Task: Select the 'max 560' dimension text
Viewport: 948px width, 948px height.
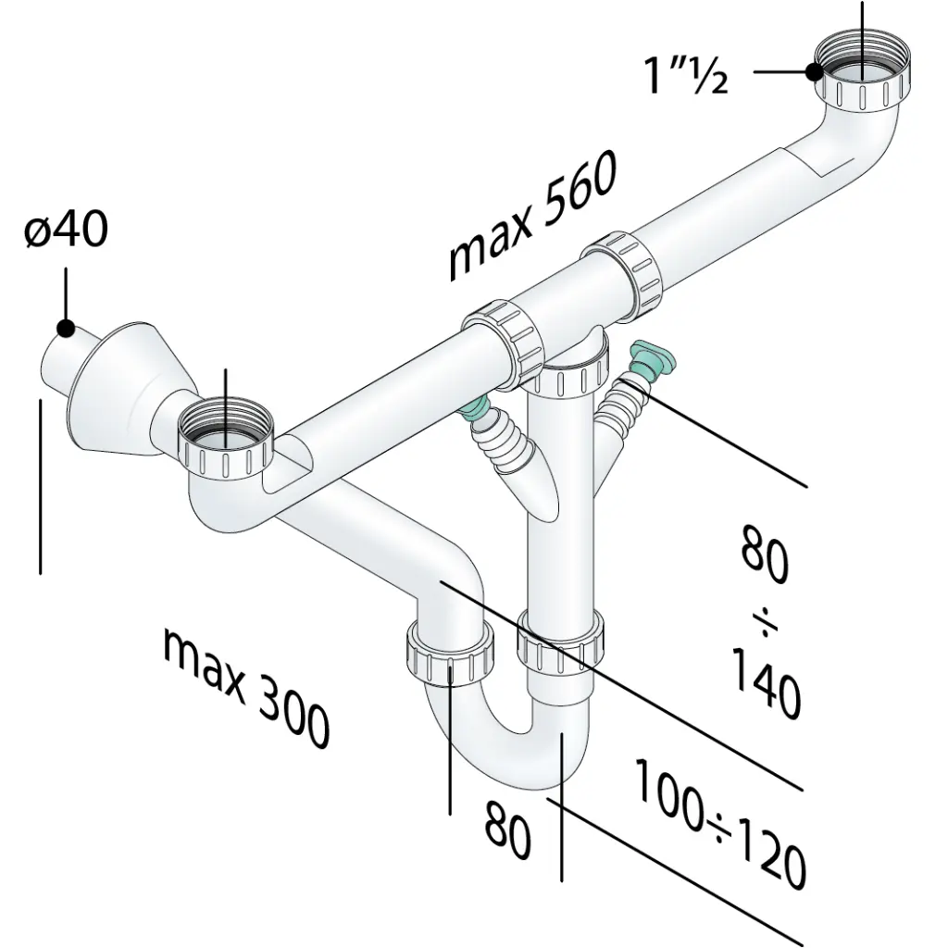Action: [x=533, y=215]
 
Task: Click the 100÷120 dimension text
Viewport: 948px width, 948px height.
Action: [x=720, y=825]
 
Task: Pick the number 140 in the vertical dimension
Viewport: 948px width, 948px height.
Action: [x=766, y=682]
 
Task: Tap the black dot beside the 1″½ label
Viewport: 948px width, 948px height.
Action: [x=815, y=72]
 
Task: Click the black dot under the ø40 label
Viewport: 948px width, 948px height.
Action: [x=66, y=329]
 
